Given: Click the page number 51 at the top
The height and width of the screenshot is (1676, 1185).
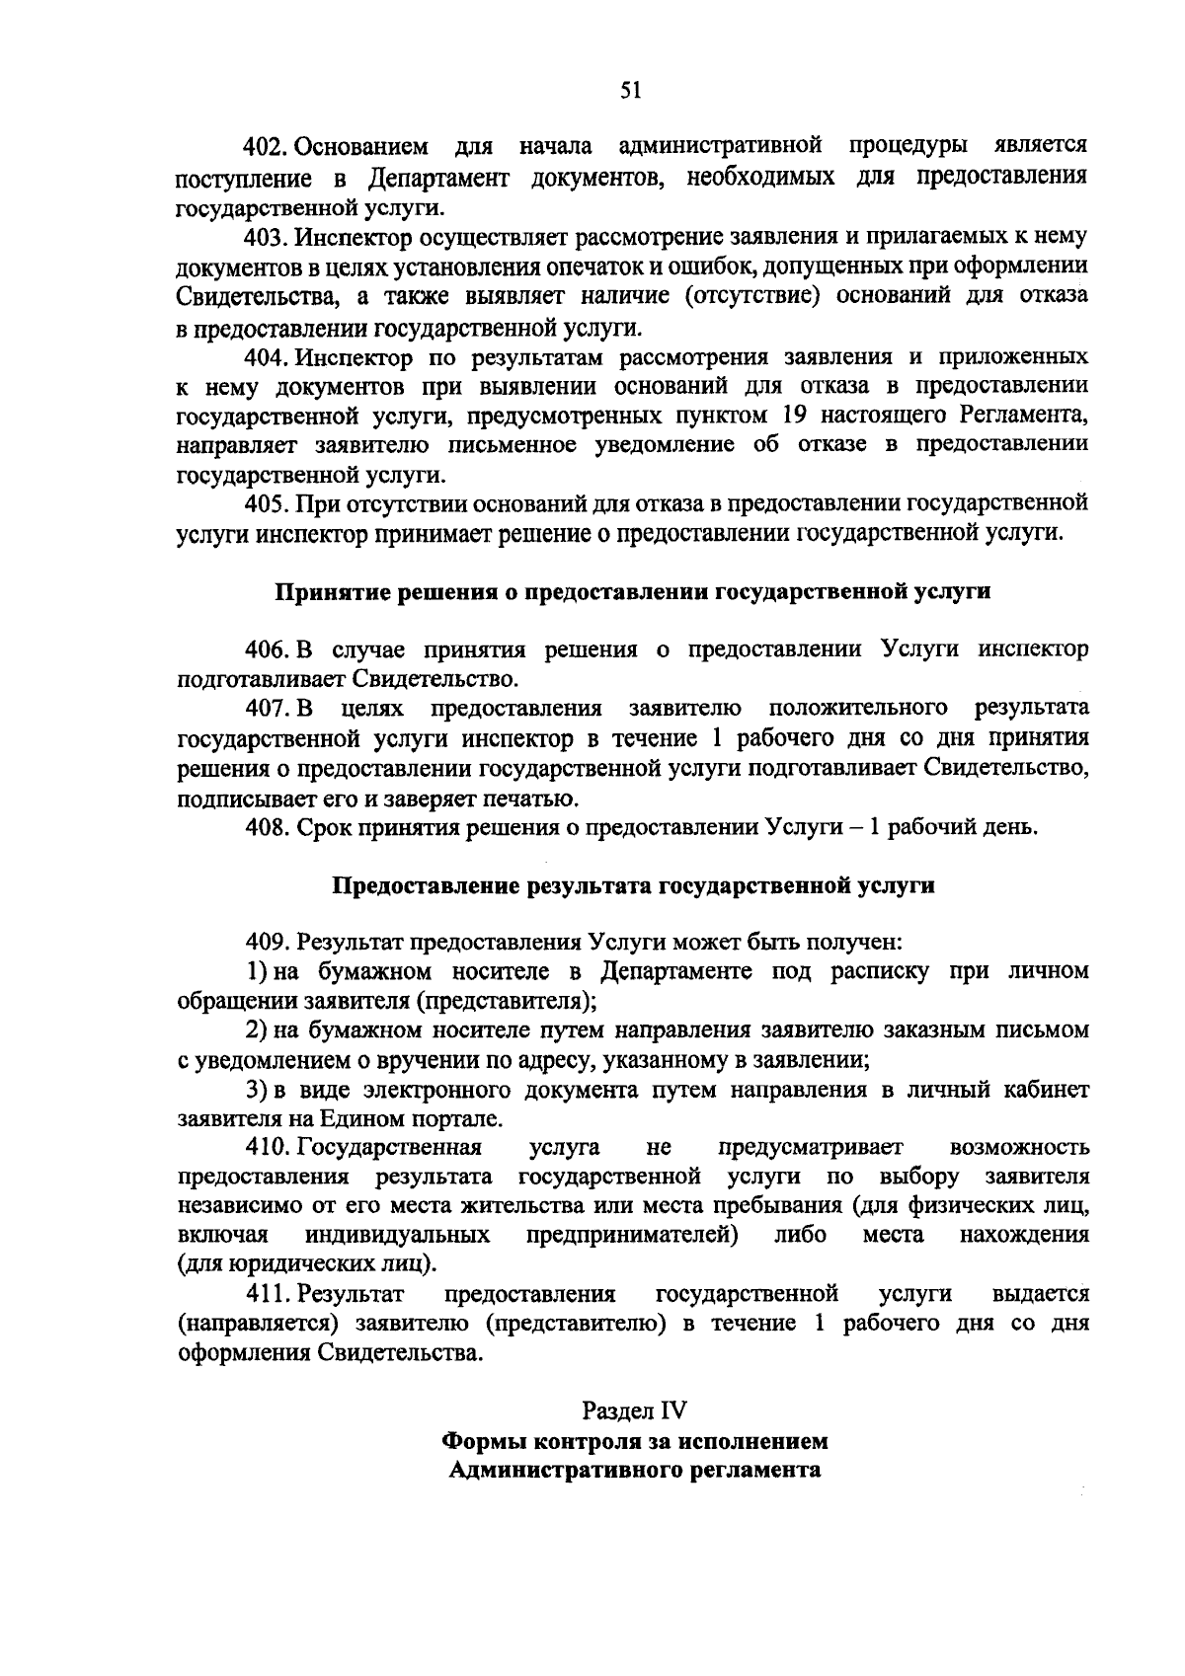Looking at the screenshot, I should (x=631, y=91).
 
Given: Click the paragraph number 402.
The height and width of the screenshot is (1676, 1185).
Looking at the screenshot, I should (x=266, y=148).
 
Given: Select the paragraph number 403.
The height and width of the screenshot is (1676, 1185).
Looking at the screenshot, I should (x=266, y=237).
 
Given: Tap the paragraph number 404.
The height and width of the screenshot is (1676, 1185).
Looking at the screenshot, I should (x=266, y=356).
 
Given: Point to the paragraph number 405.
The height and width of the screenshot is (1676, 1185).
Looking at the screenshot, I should (x=266, y=503).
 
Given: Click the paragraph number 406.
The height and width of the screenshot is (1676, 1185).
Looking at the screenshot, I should (x=266, y=650).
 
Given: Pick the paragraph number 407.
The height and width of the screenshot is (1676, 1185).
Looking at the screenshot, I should (x=266, y=709).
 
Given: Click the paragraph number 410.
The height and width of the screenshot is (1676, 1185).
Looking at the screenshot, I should (x=266, y=1148).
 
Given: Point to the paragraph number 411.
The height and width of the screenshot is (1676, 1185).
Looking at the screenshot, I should (x=266, y=1294).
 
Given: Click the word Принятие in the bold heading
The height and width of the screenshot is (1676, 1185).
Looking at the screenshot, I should (x=321, y=593).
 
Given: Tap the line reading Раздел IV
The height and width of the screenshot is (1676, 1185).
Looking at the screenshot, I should (x=633, y=1410).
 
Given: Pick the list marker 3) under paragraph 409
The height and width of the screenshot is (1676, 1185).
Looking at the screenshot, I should (x=257, y=1091).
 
